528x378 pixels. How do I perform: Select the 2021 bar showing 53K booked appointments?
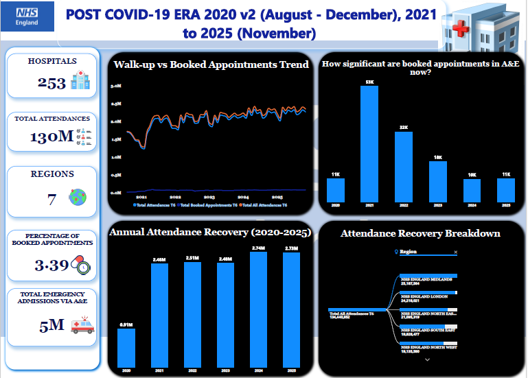(369, 144)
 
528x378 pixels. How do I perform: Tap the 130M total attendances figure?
(51, 137)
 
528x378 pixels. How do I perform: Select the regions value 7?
(51, 198)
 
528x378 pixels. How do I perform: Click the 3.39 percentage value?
(47, 265)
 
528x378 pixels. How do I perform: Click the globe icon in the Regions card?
(77, 198)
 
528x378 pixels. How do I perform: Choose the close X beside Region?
(455, 252)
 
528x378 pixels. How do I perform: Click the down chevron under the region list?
(427, 359)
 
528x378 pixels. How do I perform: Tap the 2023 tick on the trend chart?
(209, 196)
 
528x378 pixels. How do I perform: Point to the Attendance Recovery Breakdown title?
(420, 233)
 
